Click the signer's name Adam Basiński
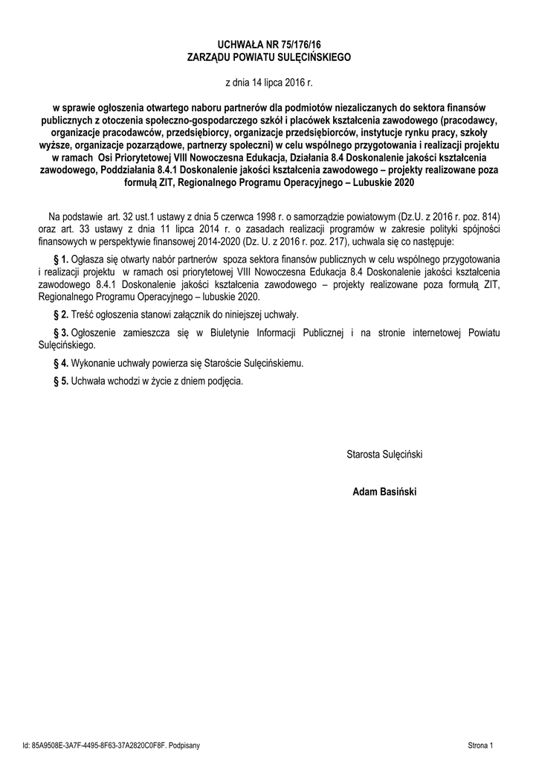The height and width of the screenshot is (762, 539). tap(384, 491)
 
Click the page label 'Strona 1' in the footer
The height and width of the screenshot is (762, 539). tap(482, 744)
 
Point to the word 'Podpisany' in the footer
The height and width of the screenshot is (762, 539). tap(183, 744)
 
